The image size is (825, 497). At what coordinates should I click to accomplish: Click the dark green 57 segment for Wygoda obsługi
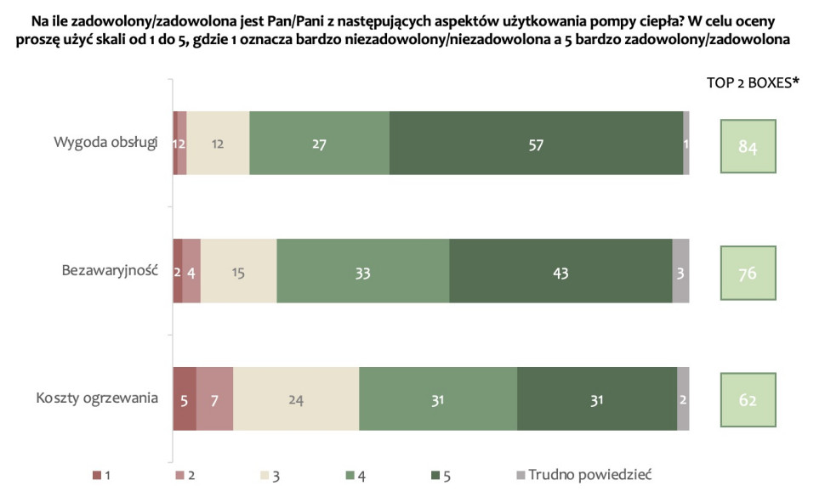point(536,143)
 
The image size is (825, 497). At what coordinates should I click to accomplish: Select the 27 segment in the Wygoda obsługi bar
point(319,143)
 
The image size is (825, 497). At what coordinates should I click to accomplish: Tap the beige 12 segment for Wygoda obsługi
point(218,143)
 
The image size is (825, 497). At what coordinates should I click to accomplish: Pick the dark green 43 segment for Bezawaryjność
point(560,271)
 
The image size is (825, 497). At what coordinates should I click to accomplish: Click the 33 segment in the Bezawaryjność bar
point(363,271)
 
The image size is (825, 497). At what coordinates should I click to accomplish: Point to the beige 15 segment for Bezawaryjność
point(239,271)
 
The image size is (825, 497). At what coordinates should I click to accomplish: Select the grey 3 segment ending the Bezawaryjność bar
point(680,271)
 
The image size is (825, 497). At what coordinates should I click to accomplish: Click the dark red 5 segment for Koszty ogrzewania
point(185,398)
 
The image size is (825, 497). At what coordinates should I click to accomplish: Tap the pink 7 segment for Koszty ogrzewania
point(215,398)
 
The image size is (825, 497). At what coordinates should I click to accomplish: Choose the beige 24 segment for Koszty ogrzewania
point(296,398)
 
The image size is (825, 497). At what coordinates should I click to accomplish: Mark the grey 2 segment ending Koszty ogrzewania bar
point(683,398)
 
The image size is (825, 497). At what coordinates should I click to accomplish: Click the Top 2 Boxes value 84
point(748,148)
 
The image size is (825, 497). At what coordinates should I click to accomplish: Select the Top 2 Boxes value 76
point(748,274)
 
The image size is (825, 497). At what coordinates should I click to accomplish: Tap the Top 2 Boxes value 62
point(748,400)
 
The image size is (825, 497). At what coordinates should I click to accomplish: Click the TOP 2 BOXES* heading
point(753,82)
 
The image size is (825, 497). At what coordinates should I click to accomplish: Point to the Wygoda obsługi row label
point(105,141)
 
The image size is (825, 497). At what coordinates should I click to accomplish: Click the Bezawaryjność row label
point(110,270)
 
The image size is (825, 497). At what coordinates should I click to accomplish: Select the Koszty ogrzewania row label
point(97,398)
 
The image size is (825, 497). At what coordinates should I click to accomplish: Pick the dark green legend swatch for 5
point(436,474)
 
